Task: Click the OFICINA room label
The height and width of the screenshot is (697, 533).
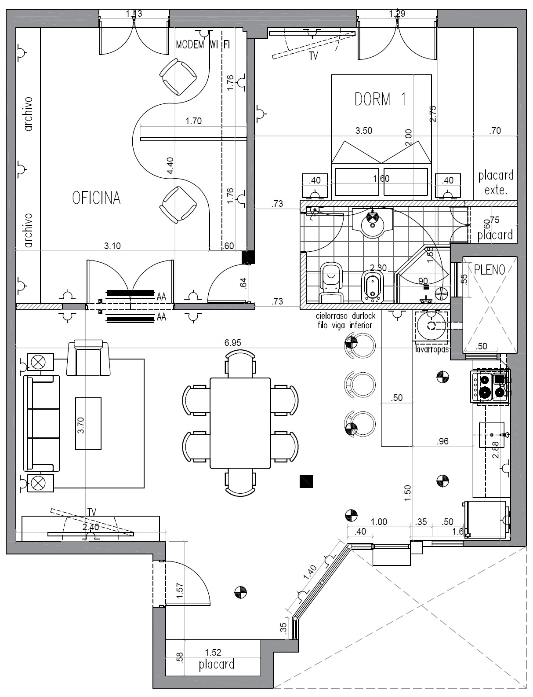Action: [96, 198]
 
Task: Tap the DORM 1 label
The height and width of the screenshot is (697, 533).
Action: [381, 99]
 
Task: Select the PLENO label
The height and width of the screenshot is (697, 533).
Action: [489, 269]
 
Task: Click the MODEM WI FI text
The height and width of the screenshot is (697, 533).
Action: [203, 44]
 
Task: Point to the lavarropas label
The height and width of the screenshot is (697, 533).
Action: [431, 349]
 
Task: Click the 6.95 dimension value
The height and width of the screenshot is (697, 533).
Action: [232, 342]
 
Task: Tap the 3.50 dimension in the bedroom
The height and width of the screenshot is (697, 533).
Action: [364, 130]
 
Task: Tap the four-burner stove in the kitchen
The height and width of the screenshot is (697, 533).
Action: [490, 386]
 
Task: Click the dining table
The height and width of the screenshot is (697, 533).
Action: [240, 423]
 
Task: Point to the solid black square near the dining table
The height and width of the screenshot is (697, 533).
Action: [306, 481]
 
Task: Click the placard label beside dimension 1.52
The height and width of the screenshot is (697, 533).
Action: [216, 664]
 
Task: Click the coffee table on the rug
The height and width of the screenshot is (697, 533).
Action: [88, 423]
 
